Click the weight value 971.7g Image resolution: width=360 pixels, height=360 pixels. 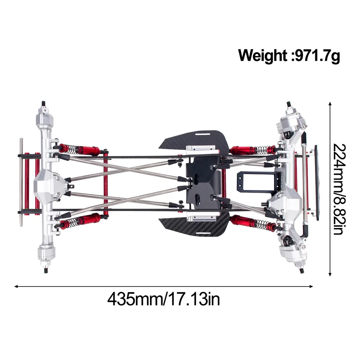[317, 55]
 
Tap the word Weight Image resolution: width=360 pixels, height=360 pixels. [263, 55]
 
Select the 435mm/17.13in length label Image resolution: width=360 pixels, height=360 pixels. [163, 299]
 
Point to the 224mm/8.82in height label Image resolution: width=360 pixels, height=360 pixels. [339, 189]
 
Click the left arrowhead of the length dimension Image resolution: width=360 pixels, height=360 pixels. [16, 286]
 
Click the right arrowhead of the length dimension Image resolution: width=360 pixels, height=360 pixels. [311, 286]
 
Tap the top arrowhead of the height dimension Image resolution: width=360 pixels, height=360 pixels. [330, 104]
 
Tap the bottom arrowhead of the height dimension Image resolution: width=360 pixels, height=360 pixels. [330, 274]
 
